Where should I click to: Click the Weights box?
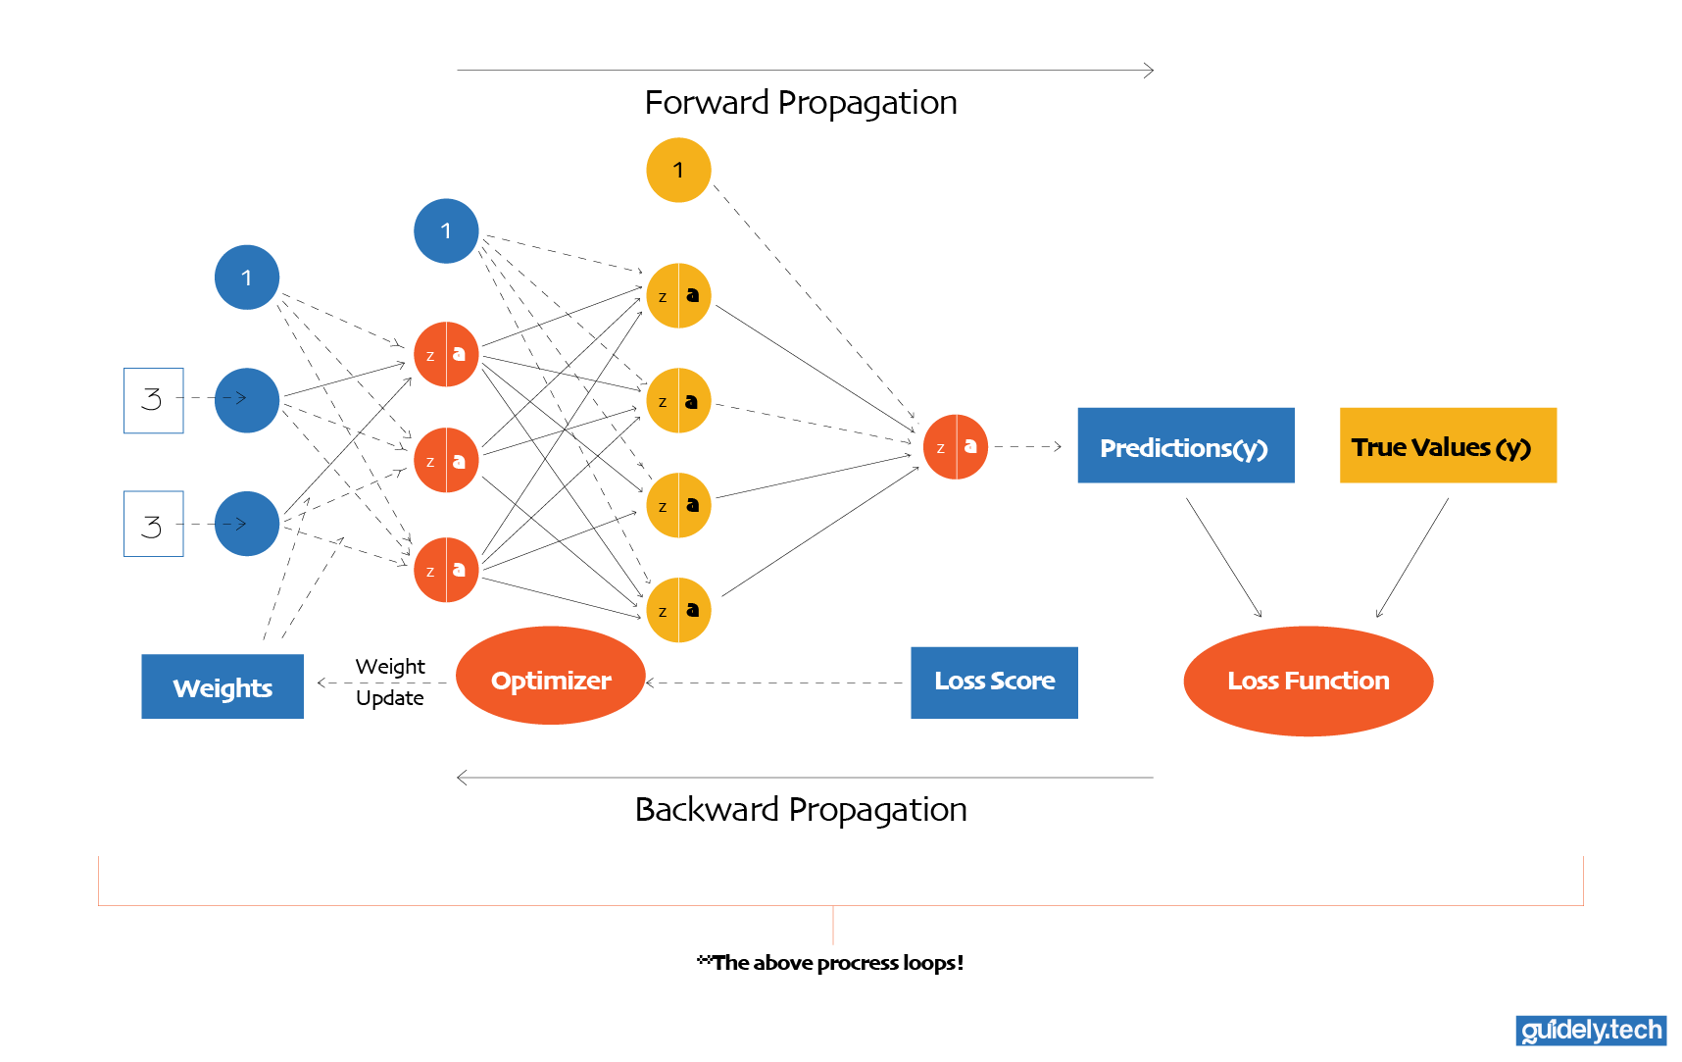tap(223, 686)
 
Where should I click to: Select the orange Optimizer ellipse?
tap(551, 677)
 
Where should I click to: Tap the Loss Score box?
tap(994, 682)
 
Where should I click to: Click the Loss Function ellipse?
tap(1308, 681)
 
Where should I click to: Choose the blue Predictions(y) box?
tap(1185, 446)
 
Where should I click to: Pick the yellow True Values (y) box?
tap(1447, 446)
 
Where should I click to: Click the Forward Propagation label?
tap(800, 103)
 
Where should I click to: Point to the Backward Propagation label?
tap(800, 810)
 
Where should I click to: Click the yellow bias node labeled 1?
tap(678, 171)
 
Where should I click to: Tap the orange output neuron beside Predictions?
tap(956, 447)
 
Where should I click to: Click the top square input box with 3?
tap(154, 400)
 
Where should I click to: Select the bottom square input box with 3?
tap(154, 524)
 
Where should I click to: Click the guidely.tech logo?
tap(1590, 1030)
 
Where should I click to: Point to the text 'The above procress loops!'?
tap(831, 963)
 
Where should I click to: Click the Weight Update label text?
tap(390, 682)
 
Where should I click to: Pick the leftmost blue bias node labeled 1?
tap(247, 278)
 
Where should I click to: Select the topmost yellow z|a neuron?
tap(678, 295)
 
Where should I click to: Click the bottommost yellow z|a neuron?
tap(678, 610)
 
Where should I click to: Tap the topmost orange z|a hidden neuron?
tap(446, 354)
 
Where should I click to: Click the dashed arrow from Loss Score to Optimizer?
tap(774, 683)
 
